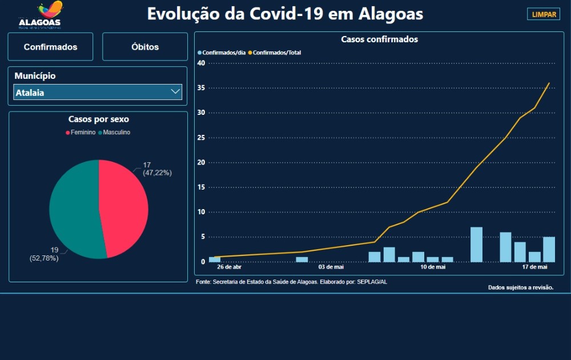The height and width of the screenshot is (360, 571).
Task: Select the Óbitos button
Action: (145, 47)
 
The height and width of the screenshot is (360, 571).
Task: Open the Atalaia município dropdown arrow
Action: (175, 92)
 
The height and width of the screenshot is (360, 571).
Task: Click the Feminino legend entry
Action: (82, 133)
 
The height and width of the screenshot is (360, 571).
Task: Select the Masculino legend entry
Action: (114, 133)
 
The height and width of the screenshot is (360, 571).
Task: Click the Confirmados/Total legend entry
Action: (276, 53)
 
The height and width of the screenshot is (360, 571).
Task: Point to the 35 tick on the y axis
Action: (201, 88)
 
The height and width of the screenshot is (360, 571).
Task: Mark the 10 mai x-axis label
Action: (433, 267)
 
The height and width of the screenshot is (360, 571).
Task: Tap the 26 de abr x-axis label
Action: (229, 267)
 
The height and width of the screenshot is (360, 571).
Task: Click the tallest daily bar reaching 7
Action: (476, 245)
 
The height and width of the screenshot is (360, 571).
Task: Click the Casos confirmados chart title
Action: (379, 39)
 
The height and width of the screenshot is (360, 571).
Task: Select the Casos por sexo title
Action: (98, 119)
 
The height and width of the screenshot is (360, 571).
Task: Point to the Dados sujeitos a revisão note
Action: (521, 287)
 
